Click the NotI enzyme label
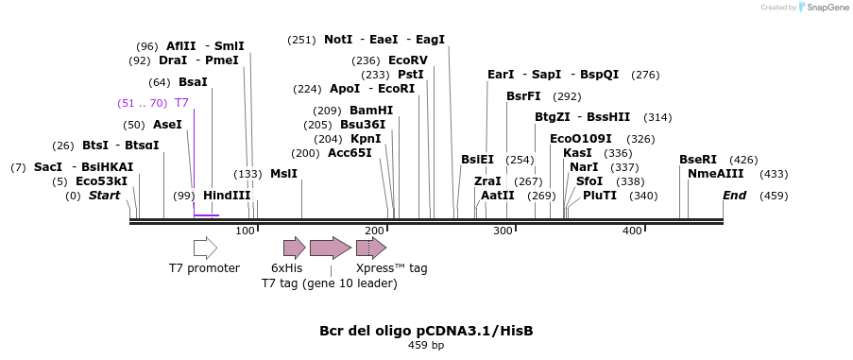(338, 40)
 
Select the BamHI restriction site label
(371, 110)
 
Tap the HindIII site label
(227, 196)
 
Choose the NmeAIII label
(715, 173)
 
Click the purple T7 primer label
(181, 103)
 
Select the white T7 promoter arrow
(205, 248)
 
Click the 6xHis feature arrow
(294, 248)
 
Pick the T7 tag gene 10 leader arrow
(330, 248)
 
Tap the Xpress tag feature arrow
(371, 248)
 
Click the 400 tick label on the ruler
(632, 231)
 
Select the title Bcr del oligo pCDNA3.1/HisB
(426, 331)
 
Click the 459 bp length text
(426, 346)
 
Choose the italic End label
(734, 196)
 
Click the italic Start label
(104, 196)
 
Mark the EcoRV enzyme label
(408, 60)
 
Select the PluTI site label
(600, 196)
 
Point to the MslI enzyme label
(283, 174)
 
